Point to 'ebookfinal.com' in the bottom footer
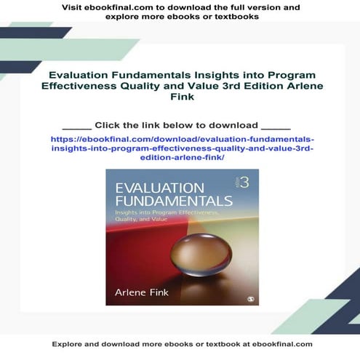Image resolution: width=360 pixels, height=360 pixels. point(276,343)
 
